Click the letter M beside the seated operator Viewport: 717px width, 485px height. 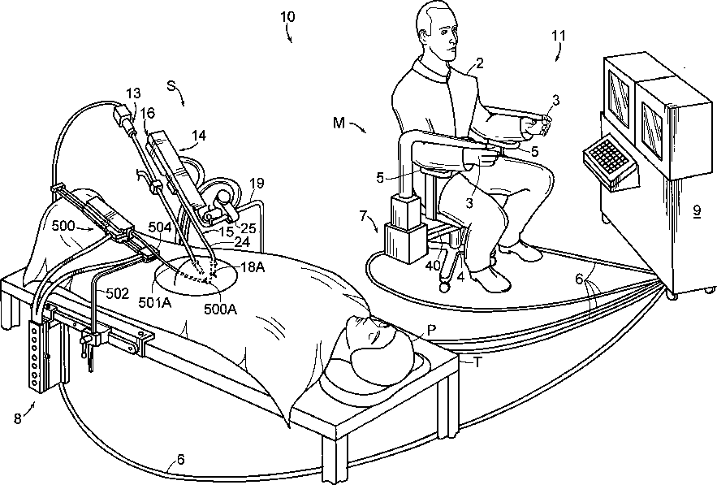point(339,123)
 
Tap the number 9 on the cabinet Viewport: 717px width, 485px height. point(697,210)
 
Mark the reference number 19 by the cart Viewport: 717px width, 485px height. point(257,185)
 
